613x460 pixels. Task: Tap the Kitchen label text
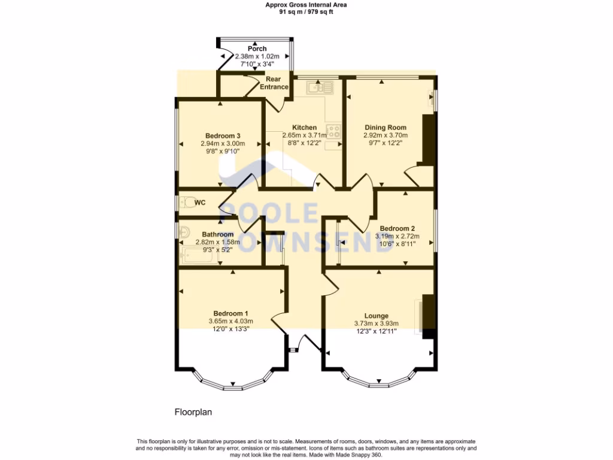pos(304,128)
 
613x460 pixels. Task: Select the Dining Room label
pos(386,128)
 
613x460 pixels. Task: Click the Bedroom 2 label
pos(397,228)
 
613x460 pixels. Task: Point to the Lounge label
pos(377,316)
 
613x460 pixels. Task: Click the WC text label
pos(200,202)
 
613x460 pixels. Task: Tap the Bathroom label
pos(217,234)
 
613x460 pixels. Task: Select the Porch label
pos(257,49)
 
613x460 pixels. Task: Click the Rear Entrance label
pos(274,83)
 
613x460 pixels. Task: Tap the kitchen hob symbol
pos(333,131)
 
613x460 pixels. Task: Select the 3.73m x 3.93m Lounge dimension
pos(376,323)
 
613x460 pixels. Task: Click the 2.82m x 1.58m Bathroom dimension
pos(218,242)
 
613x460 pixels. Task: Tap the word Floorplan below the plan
pos(193,412)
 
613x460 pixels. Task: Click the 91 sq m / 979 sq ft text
pos(306,11)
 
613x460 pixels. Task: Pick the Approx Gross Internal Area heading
pos(306,5)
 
